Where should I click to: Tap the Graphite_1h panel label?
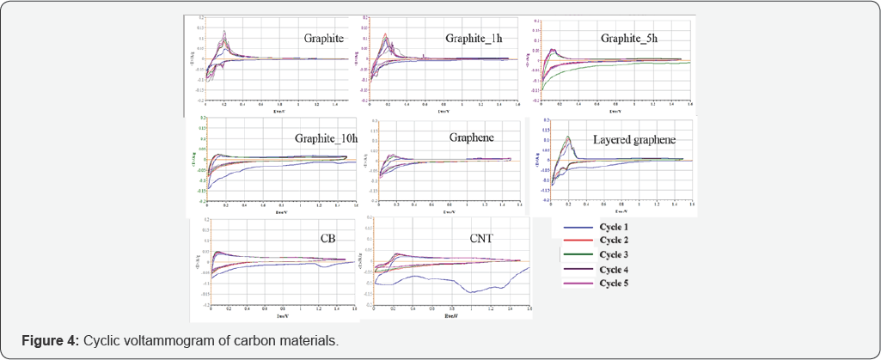(x=474, y=39)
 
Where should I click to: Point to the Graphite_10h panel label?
(x=324, y=137)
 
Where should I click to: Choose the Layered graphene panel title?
(x=634, y=140)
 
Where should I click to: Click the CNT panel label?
(x=480, y=238)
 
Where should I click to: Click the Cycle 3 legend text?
(x=614, y=256)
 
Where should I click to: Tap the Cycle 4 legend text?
(x=614, y=270)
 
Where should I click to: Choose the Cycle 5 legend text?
(x=614, y=283)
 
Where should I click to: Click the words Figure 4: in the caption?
(x=50, y=341)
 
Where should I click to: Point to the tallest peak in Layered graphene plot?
(x=568, y=137)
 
